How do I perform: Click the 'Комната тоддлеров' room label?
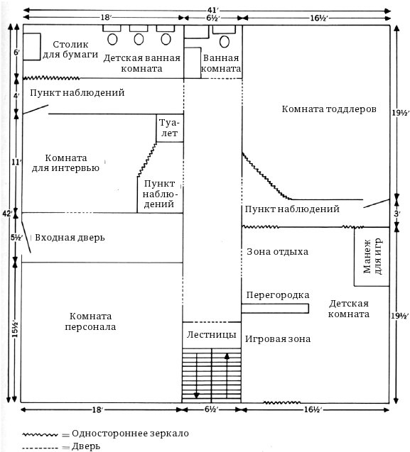click(329, 109)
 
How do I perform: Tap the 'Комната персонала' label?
click(90, 321)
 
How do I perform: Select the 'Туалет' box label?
click(169, 128)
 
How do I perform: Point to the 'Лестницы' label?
click(211, 335)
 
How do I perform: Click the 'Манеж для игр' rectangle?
click(372, 257)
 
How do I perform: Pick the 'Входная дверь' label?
click(70, 238)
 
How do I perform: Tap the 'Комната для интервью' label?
click(65, 163)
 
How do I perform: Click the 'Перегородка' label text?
click(277, 295)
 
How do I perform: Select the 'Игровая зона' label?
click(278, 338)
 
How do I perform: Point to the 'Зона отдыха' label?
click(277, 252)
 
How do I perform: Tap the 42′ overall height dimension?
click(8, 214)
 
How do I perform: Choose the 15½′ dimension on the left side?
click(15, 329)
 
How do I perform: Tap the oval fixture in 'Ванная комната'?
click(225, 41)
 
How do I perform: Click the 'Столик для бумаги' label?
click(70, 50)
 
